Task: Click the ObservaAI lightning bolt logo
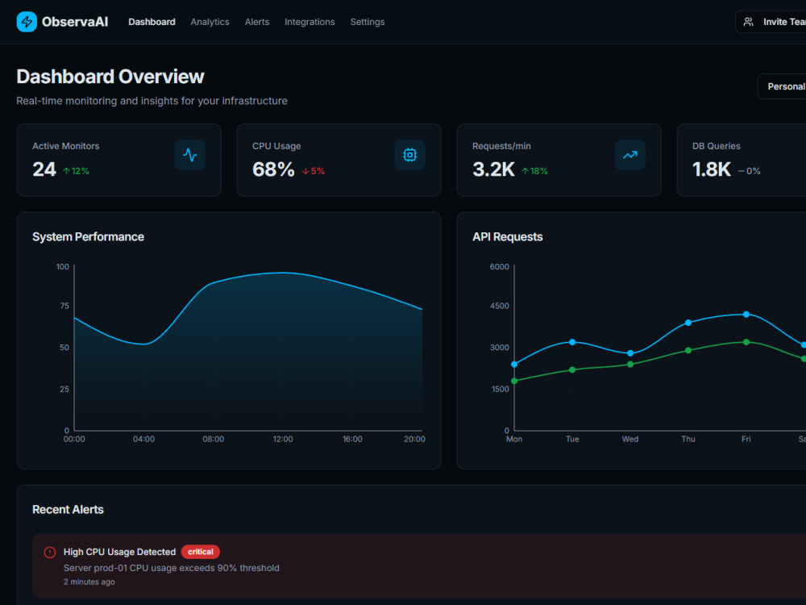(27, 22)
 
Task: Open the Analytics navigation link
(210, 22)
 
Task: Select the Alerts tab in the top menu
(257, 22)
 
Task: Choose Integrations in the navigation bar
(310, 22)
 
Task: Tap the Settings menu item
(368, 22)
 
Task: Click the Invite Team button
(771, 22)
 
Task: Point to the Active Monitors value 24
(44, 169)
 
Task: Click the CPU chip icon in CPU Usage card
(409, 155)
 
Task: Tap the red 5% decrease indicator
(314, 171)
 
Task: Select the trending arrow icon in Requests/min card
(629, 155)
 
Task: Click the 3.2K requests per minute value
(493, 169)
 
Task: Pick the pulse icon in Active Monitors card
(189, 155)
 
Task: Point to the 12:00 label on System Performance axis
(283, 439)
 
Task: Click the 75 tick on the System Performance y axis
(64, 306)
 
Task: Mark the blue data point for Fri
(746, 315)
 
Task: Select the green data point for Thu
(688, 350)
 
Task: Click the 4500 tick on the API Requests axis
(499, 306)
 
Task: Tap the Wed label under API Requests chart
(630, 439)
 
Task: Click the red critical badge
(201, 552)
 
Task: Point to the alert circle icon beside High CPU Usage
(50, 553)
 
